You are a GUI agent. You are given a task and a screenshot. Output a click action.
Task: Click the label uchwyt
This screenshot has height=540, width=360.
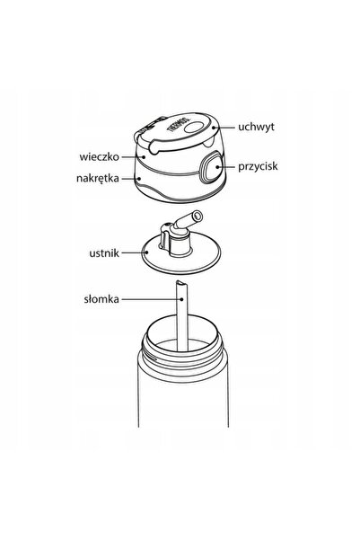tap(256, 127)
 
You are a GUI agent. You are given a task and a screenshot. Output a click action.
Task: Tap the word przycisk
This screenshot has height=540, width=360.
tap(258, 167)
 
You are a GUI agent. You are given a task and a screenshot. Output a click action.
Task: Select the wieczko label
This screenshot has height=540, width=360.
tap(99, 156)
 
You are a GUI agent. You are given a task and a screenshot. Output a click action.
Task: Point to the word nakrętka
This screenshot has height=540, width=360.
tap(98, 178)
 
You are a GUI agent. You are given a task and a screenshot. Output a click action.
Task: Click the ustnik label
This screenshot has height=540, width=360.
tap(104, 253)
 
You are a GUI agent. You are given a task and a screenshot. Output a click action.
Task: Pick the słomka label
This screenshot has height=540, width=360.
tap(101, 299)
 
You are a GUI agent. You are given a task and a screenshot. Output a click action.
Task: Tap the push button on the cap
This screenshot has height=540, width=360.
tap(211, 167)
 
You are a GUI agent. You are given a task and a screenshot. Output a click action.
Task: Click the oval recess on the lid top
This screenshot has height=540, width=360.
tap(195, 127)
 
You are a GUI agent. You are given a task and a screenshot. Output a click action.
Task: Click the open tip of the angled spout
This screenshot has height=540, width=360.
tap(198, 217)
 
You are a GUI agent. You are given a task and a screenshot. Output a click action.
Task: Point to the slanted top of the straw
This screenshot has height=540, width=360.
tap(181, 283)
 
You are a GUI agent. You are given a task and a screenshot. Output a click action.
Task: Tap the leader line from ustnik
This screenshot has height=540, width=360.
tap(135, 252)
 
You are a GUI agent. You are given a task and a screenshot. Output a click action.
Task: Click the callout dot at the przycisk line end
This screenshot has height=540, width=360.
tap(218, 167)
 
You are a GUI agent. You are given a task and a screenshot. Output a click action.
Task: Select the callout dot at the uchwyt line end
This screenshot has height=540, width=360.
tap(214, 128)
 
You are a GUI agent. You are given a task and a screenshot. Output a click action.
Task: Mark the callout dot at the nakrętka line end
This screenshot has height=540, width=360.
tap(139, 179)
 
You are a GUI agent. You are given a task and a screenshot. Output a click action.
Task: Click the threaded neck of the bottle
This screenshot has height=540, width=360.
tap(182, 349)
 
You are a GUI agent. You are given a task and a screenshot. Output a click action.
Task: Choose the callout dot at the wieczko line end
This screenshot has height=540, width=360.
tap(145, 156)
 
